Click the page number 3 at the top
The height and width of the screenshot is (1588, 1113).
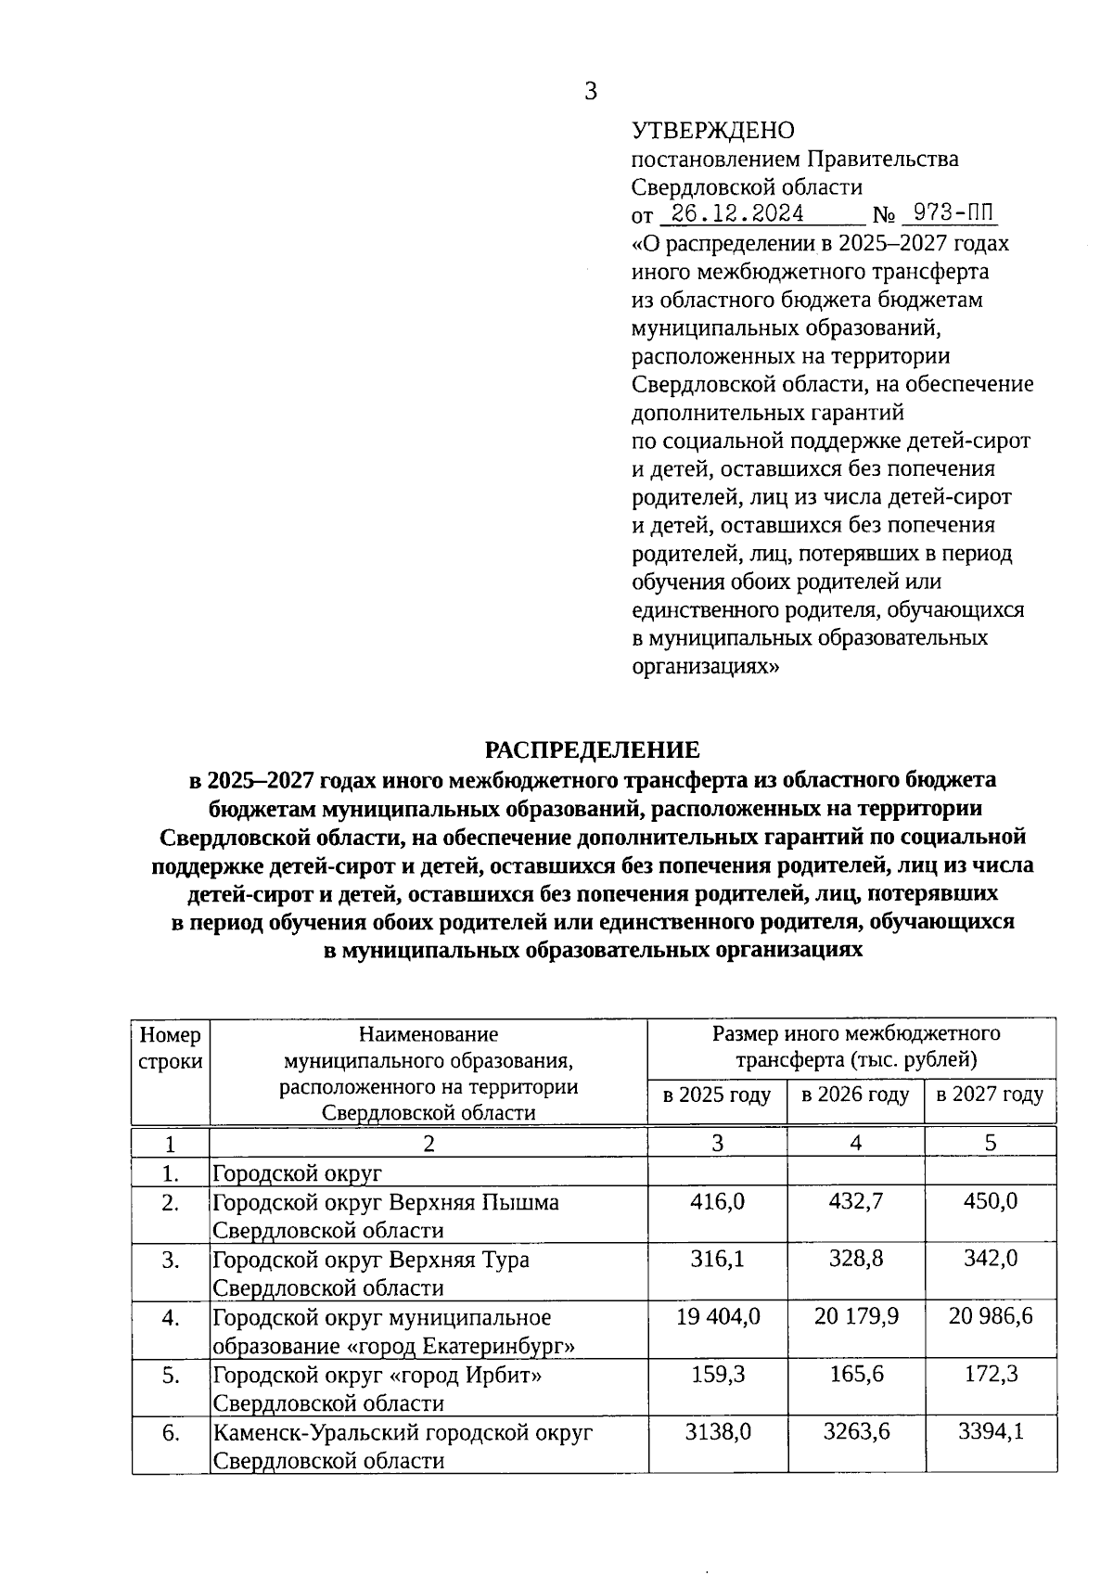click(x=591, y=91)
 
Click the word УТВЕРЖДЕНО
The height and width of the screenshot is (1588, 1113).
click(x=712, y=131)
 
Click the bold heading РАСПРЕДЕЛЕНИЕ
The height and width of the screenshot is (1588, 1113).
click(x=593, y=749)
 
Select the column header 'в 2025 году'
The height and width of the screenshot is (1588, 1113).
click(x=717, y=1095)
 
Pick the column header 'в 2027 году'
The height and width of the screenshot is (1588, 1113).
click(x=990, y=1095)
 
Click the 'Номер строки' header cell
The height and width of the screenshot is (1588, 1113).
click(x=170, y=1048)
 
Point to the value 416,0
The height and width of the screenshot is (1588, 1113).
click(x=717, y=1202)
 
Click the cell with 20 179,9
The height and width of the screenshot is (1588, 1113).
click(x=855, y=1317)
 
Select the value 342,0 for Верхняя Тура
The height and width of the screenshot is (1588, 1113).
click(x=990, y=1260)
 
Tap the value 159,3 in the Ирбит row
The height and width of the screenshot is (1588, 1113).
click(x=717, y=1375)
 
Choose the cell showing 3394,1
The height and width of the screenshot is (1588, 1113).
click(x=990, y=1432)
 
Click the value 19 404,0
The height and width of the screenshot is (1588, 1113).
click(x=717, y=1317)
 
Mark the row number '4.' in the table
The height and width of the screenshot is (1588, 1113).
click(x=170, y=1317)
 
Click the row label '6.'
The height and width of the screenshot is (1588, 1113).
click(x=170, y=1432)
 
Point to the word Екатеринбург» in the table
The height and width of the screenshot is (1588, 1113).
click(x=499, y=1346)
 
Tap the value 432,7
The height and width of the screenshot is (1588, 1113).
click(x=855, y=1202)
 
